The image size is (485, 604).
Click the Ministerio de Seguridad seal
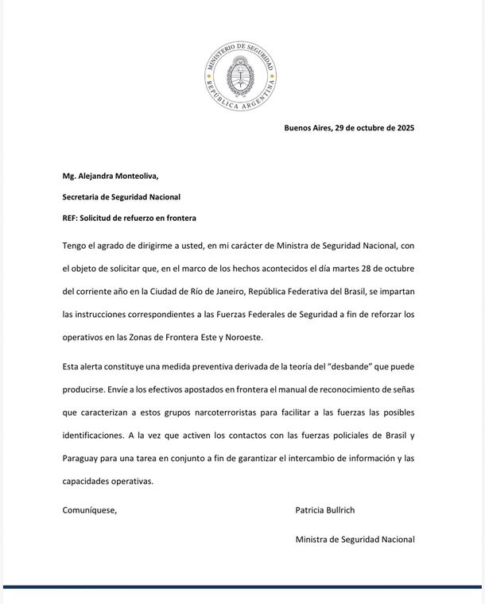pos(239,77)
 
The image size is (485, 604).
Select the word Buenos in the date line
pos(299,128)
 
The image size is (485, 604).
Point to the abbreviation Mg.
pos(69,176)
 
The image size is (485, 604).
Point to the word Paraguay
pos(83,458)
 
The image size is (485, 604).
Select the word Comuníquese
pos(90,510)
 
